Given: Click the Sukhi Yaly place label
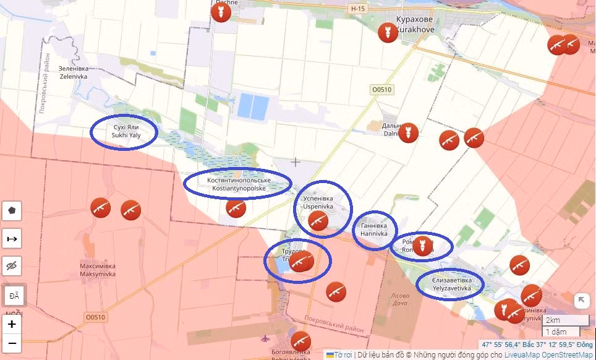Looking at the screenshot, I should point(123,131).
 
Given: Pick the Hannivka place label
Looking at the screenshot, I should point(374,230).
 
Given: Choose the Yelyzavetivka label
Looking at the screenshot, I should point(448,285).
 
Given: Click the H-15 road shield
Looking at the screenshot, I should point(358,9).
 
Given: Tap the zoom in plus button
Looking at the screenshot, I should point(12,324).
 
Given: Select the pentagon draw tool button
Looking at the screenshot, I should point(12,211).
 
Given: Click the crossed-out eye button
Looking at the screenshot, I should point(12,265).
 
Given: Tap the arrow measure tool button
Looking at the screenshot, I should point(12,238).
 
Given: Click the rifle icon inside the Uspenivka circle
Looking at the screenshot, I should point(318,220).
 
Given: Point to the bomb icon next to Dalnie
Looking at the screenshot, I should point(408,132).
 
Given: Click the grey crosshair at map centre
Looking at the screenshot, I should point(296,162).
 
